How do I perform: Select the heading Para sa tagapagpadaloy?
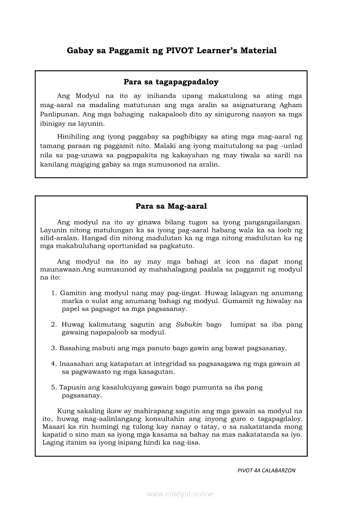171,81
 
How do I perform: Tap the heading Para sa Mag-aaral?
171,206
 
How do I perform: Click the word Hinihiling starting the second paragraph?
74,136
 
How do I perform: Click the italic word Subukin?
189,324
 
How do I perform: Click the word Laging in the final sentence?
53,442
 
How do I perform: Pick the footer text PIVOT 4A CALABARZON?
266,470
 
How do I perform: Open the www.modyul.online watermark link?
180,494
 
